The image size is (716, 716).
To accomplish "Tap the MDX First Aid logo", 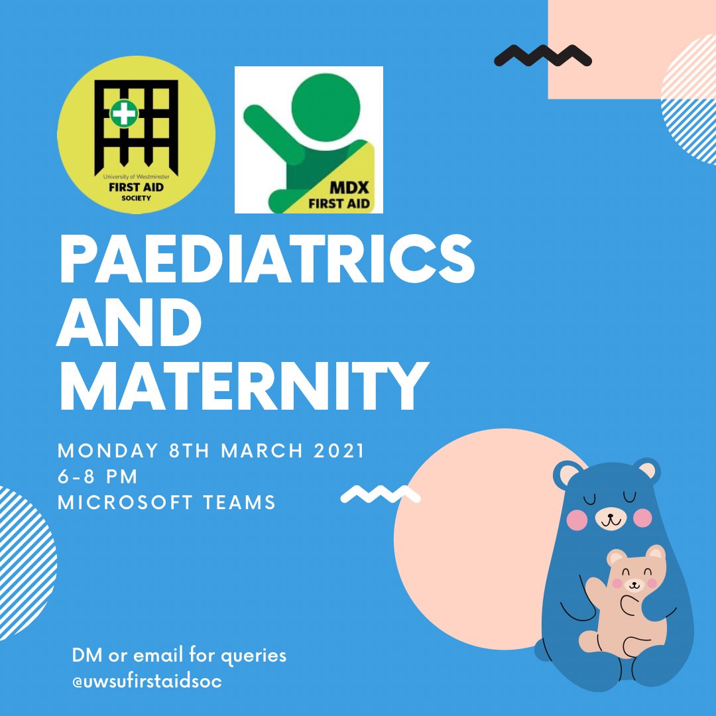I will click(x=309, y=139).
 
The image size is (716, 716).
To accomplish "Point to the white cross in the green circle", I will click(x=123, y=114).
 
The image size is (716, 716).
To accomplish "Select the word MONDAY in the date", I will click(x=101, y=451).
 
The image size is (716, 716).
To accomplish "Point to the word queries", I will click(x=253, y=656).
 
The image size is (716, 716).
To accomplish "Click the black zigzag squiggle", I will click(x=543, y=56).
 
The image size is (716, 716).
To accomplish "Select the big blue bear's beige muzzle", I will click(x=609, y=517).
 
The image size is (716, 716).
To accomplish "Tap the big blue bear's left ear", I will click(x=568, y=475).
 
